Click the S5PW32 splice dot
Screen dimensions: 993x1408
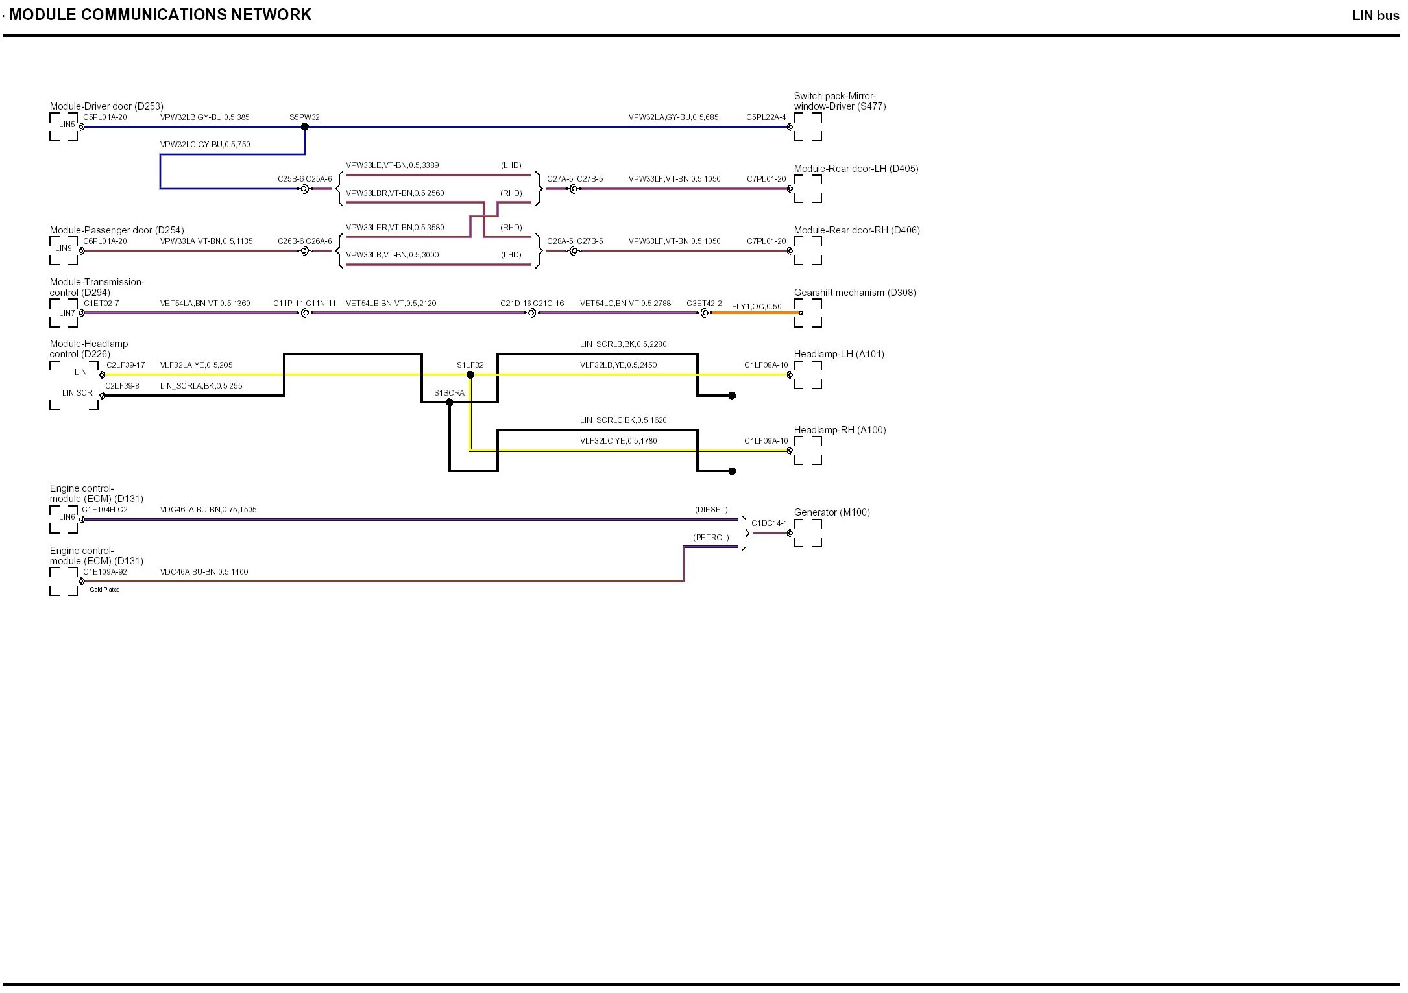tap(305, 127)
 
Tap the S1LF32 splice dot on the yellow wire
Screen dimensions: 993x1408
tap(470, 375)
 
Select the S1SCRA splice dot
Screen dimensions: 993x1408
tap(450, 403)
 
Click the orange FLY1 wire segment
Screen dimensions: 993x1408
tap(756, 313)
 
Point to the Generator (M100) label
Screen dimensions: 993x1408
tap(832, 512)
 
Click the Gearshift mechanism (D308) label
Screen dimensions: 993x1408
tap(855, 293)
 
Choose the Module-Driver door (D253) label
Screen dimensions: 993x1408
tap(106, 106)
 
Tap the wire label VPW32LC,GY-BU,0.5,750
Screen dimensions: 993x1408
tap(205, 145)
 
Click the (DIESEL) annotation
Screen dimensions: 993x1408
tap(711, 510)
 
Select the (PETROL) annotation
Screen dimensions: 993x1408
tap(710, 538)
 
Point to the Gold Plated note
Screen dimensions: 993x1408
tap(104, 590)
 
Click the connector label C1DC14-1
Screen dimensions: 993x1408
tap(769, 523)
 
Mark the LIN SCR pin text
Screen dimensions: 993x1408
tap(77, 393)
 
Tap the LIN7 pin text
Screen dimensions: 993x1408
tap(67, 313)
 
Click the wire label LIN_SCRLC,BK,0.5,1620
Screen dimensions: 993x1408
tap(623, 420)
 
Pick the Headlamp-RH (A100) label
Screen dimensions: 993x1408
tap(840, 430)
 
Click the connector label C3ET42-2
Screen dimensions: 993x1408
tap(704, 304)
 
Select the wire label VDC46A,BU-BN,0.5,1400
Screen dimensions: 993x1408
tap(204, 572)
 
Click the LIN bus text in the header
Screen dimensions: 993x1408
tap(1376, 16)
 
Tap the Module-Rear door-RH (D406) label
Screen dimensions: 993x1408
tap(856, 230)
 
